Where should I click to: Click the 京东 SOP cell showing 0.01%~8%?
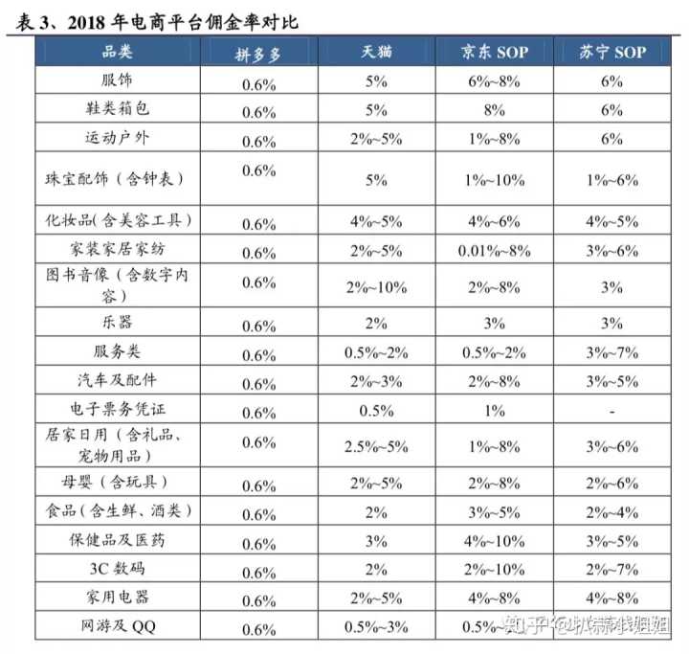(x=494, y=251)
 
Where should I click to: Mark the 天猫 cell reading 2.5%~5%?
(x=375, y=446)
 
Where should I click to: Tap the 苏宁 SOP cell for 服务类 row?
(x=612, y=353)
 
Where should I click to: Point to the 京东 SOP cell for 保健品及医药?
(x=494, y=541)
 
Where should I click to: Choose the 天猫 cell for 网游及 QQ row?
(x=375, y=628)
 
